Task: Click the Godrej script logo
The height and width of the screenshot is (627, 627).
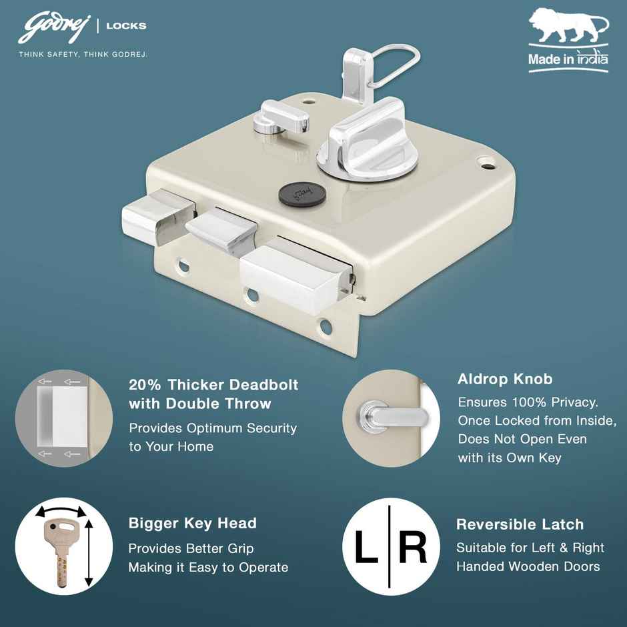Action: (55, 28)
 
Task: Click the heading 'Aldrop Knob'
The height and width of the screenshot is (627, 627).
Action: (505, 380)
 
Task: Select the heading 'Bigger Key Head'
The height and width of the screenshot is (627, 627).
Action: (192, 523)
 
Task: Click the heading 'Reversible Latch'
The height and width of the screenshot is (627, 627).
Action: (520, 524)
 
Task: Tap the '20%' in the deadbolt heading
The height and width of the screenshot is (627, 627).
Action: (145, 385)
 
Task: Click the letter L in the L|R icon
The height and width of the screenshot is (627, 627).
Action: (367, 548)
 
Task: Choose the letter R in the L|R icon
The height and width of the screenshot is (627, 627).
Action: (413, 548)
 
